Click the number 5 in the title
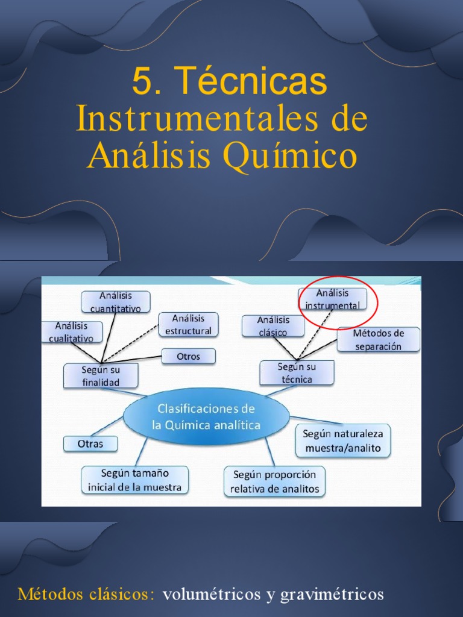click(x=142, y=83)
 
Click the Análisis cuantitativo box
click(x=116, y=302)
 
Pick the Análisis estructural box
click(x=188, y=324)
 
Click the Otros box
click(x=188, y=357)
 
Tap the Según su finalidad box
click(x=101, y=375)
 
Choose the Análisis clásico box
click(x=272, y=326)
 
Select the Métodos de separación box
click(x=378, y=339)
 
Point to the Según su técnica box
click(x=297, y=372)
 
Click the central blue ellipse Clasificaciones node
click(x=206, y=416)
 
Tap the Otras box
click(x=90, y=444)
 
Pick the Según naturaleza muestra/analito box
click(x=342, y=440)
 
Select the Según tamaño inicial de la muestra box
click(x=135, y=480)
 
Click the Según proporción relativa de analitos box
click(x=274, y=481)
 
